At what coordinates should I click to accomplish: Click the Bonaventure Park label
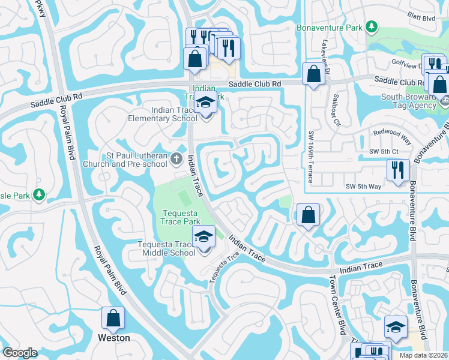click(x=330, y=28)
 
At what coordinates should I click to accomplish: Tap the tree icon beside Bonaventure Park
click(x=372, y=27)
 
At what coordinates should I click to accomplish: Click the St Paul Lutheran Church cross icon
click(x=176, y=159)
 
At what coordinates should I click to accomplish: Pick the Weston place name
click(x=114, y=338)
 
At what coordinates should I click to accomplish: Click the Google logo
click(x=20, y=353)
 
